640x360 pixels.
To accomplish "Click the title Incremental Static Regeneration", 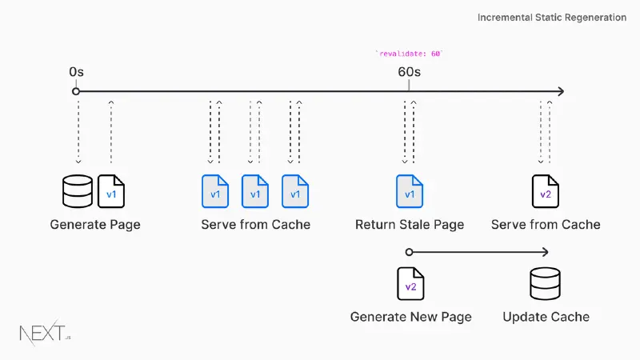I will pyautogui.click(x=551, y=18).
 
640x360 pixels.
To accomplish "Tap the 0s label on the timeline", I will pyautogui.click(x=76, y=72).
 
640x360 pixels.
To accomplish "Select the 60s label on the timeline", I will pyautogui.click(x=409, y=72).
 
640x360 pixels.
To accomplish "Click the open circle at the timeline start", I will pyautogui.click(x=76, y=91).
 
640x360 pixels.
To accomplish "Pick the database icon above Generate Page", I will pyautogui.click(x=78, y=191).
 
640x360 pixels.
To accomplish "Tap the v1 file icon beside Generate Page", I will pyautogui.click(x=111, y=191).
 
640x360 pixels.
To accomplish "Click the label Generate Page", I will pyautogui.click(x=95, y=225).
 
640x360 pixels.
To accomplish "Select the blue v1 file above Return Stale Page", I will pyautogui.click(x=410, y=191).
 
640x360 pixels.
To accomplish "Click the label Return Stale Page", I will pyautogui.click(x=410, y=225).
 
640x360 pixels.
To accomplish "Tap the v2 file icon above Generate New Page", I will pyautogui.click(x=410, y=284).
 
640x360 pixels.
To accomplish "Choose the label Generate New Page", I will pyautogui.click(x=410, y=317).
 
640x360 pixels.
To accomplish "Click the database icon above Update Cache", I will pyautogui.click(x=546, y=284).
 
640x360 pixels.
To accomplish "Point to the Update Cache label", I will pyautogui.click(x=546, y=317).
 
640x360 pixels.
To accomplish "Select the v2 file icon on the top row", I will pyautogui.click(x=546, y=191).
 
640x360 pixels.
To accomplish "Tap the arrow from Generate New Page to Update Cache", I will pyautogui.click(x=480, y=252).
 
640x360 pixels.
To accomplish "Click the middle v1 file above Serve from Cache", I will pyautogui.click(x=255, y=191).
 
